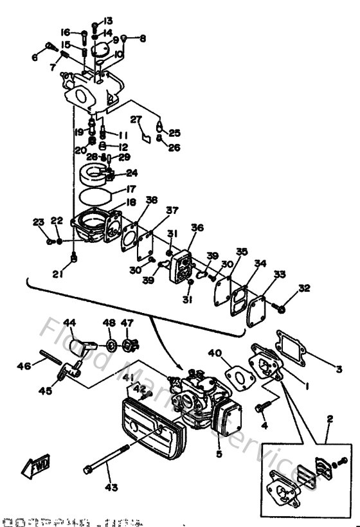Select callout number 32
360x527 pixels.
coord(303,288)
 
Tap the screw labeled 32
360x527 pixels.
coord(280,308)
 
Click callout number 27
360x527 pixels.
coord(136,119)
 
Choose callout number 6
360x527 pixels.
coord(35,57)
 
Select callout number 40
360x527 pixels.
coord(214,352)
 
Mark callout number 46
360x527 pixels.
coord(23,366)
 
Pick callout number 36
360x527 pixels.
coord(197,228)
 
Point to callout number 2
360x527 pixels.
coord(329,419)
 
